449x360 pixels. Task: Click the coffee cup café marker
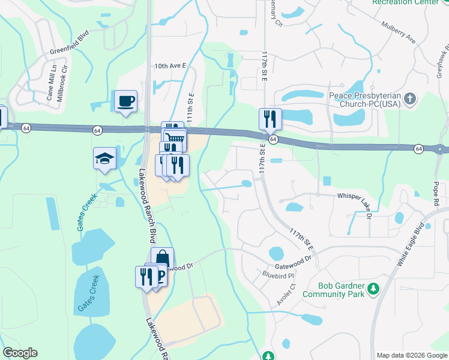tap(125, 101)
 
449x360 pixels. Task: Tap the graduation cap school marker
tap(104, 160)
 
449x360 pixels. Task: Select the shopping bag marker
tap(162, 259)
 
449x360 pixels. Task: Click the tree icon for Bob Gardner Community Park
tap(373, 290)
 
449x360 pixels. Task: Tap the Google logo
tap(20, 353)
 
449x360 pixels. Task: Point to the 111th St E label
tap(191, 109)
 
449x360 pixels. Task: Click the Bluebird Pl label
tap(279, 275)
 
